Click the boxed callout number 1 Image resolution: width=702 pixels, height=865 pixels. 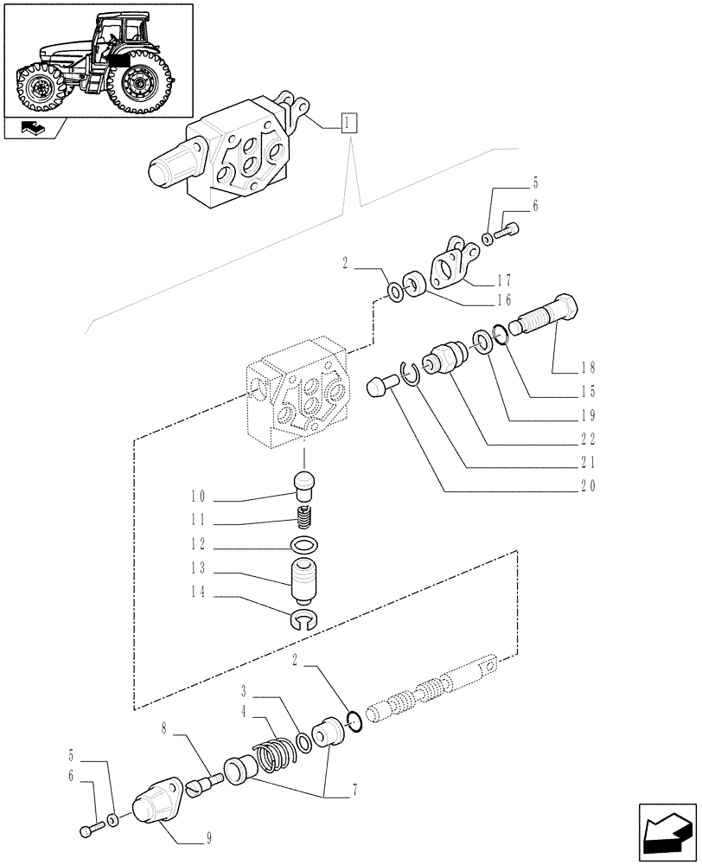pos(348,123)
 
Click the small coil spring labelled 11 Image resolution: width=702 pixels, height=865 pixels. pos(304,520)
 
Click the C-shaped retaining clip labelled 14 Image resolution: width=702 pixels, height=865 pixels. pos(304,617)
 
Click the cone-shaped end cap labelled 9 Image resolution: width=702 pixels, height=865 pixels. pos(159,803)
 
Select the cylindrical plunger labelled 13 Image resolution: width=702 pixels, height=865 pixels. pos(304,580)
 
